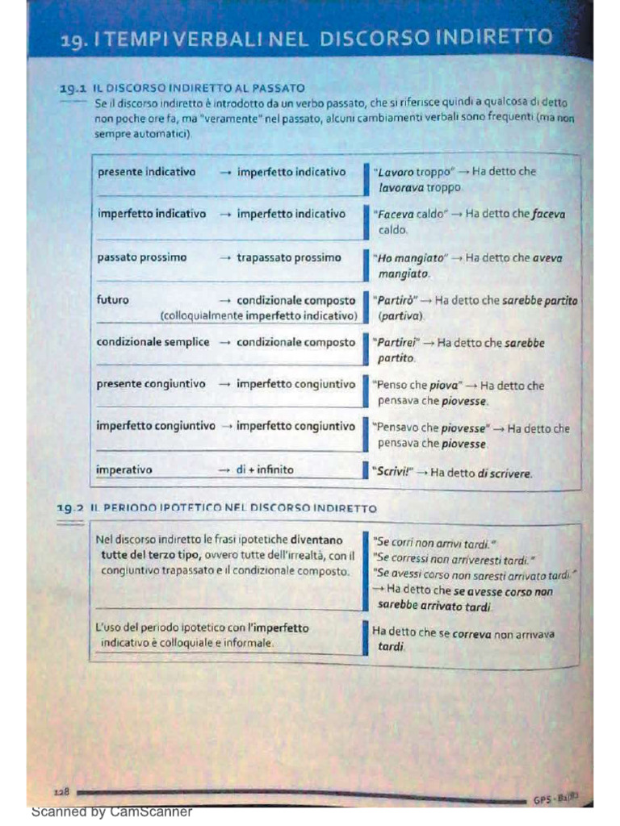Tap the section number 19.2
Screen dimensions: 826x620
click(70, 508)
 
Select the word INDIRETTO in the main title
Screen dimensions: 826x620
click(493, 38)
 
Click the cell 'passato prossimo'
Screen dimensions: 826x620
click(141, 257)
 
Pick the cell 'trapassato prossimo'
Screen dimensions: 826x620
click(288, 257)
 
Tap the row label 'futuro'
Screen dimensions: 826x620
click(113, 300)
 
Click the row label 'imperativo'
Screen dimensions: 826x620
click(124, 469)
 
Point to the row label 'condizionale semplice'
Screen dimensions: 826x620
click(153, 342)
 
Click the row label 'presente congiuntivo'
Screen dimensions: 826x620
click(151, 384)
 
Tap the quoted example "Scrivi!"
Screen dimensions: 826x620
click(391, 472)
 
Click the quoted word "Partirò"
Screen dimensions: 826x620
click(393, 301)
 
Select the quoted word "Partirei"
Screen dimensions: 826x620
click(395, 343)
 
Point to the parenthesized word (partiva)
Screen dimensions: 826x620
click(396, 316)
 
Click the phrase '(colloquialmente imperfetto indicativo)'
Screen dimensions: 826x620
click(258, 315)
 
